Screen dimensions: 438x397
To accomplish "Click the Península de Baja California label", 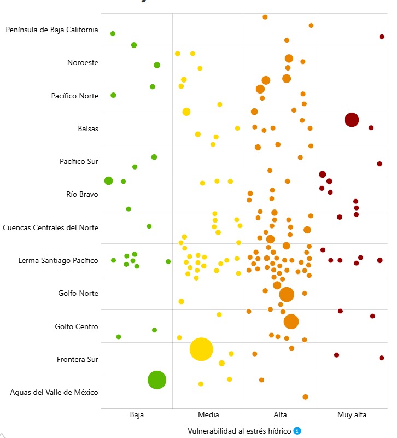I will (52, 30).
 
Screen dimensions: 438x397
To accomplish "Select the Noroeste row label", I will (83, 62).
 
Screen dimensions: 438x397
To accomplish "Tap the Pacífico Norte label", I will (75, 96).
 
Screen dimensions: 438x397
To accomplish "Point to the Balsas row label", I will (88, 129).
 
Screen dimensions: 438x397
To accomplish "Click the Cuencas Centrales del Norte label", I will (50, 227).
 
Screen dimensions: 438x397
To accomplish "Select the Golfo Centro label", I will (77, 326).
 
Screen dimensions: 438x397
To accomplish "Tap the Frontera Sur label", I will (78, 359).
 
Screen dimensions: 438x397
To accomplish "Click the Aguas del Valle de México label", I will (54, 392).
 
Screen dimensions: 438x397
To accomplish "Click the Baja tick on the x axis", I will (137, 415).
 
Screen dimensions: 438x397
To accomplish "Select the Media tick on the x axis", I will (208, 415).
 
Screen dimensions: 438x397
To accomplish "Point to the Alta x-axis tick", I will (280, 415).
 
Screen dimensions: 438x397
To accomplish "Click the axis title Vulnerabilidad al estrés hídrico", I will (240, 431).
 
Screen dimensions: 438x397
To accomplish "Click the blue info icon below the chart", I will (297, 431).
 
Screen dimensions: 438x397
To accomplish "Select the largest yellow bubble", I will (201, 349).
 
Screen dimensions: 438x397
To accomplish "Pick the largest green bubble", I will (157, 379).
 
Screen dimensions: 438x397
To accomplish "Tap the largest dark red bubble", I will (352, 120).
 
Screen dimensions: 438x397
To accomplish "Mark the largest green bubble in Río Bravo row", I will (108, 181).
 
